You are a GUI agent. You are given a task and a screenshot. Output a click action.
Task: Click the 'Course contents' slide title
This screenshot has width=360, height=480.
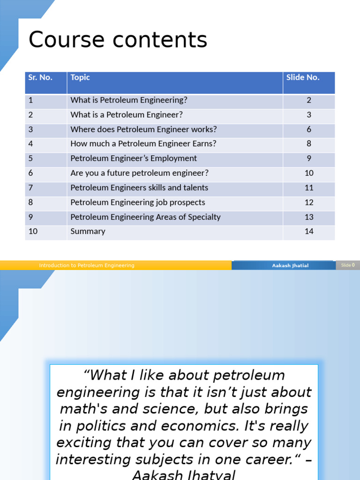click(x=118, y=40)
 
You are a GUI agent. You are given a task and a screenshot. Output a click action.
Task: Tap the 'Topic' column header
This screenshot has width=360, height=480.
click(x=80, y=78)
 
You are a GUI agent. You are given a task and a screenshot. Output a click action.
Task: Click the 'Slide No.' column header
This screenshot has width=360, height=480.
click(x=303, y=78)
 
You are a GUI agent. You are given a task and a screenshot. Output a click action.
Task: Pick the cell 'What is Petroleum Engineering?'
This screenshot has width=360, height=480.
click(x=128, y=100)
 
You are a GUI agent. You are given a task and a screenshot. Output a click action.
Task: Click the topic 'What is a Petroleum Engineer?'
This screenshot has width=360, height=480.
click(x=127, y=115)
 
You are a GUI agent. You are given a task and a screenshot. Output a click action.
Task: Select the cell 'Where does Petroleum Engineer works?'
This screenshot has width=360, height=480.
click(x=143, y=129)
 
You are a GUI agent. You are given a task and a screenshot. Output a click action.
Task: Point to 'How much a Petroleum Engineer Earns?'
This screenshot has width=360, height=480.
click(x=143, y=144)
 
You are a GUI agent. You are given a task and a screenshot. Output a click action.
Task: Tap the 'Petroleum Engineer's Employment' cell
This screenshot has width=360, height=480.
click(x=134, y=158)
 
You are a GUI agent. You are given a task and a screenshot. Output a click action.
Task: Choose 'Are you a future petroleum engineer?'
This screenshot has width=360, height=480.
click(x=139, y=173)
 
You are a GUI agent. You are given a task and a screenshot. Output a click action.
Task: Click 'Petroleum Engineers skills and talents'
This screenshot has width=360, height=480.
click(x=139, y=188)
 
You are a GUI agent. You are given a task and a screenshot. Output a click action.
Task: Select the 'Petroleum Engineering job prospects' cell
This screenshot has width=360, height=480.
click(x=138, y=202)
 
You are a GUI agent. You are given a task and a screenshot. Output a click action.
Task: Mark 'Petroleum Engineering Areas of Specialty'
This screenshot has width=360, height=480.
click(x=145, y=217)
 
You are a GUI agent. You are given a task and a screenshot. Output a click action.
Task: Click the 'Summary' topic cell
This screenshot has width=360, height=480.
click(x=88, y=232)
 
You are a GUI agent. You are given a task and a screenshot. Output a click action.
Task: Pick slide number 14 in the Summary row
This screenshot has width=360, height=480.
click(x=309, y=232)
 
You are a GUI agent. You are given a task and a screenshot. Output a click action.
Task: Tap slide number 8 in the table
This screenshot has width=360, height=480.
click(x=309, y=144)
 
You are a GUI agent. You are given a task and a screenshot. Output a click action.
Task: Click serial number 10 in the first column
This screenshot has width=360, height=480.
click(x=33, y=232)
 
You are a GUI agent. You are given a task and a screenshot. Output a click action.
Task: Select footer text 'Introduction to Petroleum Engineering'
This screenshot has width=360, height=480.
click(x=87, y=265)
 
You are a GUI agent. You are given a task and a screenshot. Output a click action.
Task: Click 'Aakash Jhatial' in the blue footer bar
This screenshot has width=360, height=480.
click(x=290, y=265)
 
